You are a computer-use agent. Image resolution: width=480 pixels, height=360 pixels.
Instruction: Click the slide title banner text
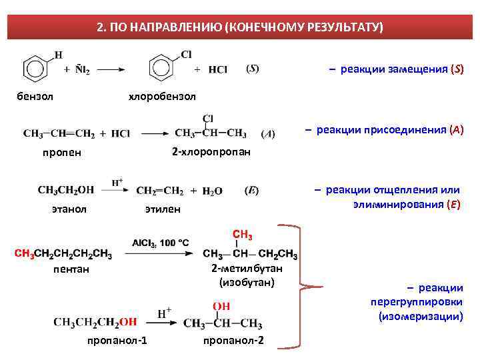[239, 27]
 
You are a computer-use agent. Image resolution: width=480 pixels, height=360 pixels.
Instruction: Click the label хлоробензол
[162, 97]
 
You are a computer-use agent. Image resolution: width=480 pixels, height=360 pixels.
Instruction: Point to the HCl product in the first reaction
[218, 69]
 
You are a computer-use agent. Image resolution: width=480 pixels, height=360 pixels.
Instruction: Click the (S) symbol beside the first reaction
[253, 69]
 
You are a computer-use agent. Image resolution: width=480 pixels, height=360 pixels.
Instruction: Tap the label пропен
[62, 152]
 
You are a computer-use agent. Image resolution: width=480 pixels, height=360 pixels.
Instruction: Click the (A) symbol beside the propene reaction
[267, 133]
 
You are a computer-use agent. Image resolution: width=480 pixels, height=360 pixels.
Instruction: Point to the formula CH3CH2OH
[66, 190]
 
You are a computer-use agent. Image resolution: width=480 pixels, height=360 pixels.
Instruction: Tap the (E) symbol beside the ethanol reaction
[252, 190]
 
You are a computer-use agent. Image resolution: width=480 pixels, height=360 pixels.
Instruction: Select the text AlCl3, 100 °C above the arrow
[160, 242]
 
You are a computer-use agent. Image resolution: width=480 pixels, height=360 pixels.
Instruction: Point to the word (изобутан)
[247, 282]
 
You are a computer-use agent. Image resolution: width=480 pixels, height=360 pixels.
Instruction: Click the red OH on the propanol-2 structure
[221, 306]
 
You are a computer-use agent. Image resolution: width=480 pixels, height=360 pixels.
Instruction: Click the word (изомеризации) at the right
[420, 315]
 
